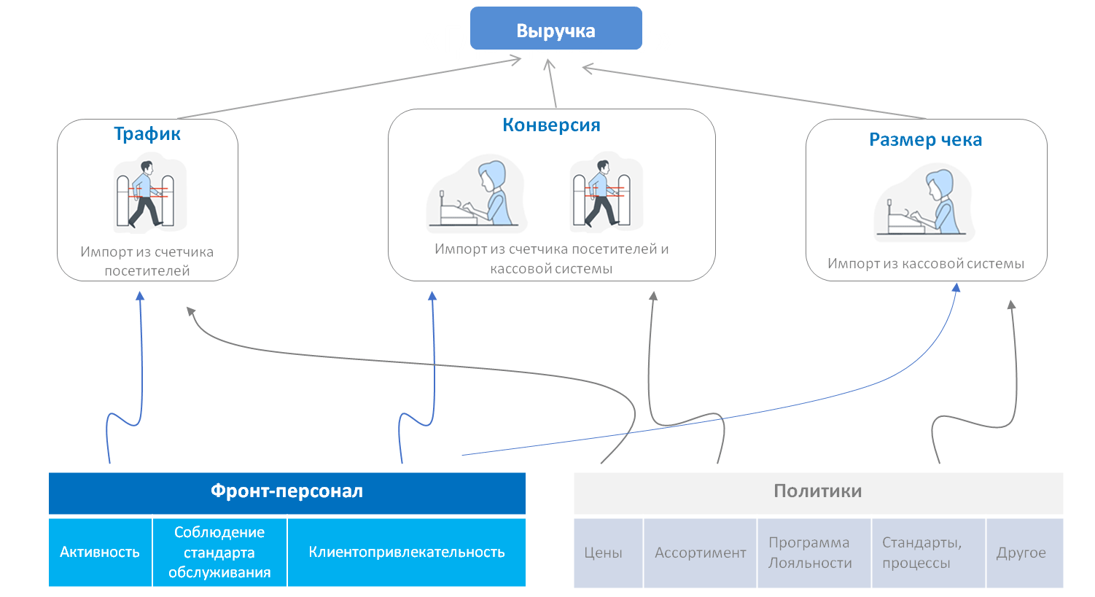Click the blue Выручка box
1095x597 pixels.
(x=556, y=28)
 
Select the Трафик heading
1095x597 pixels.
(x=147, y=134)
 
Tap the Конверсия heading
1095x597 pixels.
(x=551, y=125)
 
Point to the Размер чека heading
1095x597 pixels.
(x=925, y=140)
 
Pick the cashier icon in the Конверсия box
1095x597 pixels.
(x=476, y=193)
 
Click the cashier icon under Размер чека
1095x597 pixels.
(x=924, y=202)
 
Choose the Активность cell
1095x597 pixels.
(x=100, y=552)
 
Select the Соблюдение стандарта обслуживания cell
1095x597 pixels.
(x=219, y=552)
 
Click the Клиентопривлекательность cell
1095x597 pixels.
(x=406, y=552)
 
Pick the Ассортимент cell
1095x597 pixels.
(x=700, y=553)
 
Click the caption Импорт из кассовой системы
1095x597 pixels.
(x=926, y=264)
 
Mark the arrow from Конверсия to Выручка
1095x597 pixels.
(x=553, y=84)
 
